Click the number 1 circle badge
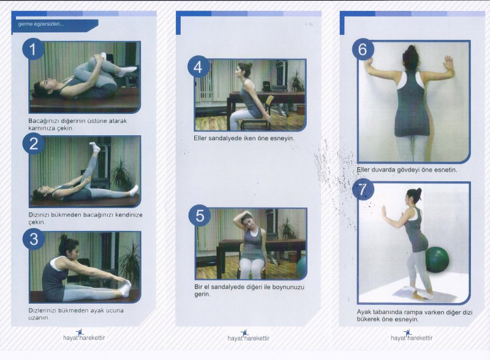pos(33,49)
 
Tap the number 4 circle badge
pos(198,67)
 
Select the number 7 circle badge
pos(363,189)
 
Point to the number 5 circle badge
pos(200,216)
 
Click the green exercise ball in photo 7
pos(437,260)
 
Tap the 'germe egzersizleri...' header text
pos(41,24)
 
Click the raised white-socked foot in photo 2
pos(95,147)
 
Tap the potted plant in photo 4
pos(296,83)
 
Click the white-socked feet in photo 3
pos(126,288)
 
